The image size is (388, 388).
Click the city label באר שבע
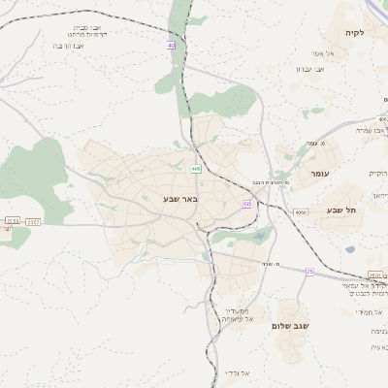tap(179, 199)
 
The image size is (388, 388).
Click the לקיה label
tap(354, 33)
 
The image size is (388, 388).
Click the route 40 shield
tap(171, 46)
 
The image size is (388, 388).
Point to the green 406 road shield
tap(196, 169)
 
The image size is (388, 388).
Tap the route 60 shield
tap(247, 204)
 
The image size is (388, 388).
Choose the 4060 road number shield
tap(300, 211)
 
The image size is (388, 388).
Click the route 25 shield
tap(309, 272)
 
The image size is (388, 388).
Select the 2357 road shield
tap(34, 222)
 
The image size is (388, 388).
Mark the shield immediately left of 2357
tap(12, 222)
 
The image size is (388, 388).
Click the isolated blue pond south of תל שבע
tap(350, 249)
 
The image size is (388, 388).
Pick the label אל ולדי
tap(238, 372)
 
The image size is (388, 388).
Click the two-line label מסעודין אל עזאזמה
tap(237, 314)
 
